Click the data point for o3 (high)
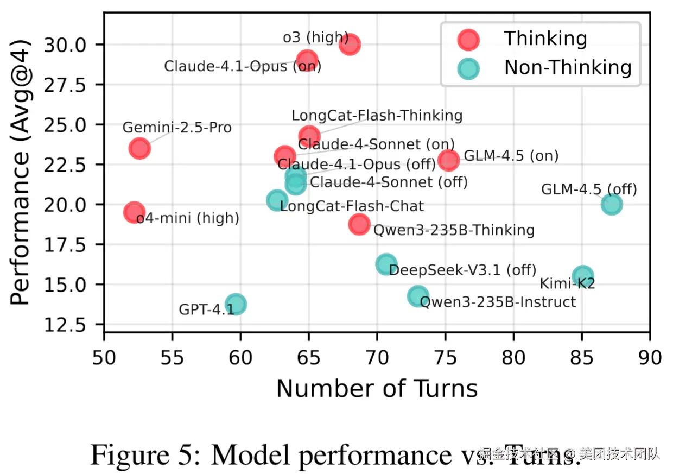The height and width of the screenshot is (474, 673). pyautogui.click(x=350, y=44)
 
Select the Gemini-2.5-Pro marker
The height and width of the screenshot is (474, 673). pyautogui.click(x=139, y=148)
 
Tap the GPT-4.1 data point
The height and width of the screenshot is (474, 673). pyautogui.click(x=236, y=304)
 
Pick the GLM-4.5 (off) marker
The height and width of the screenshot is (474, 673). pyautogui.click(x=612, y=204)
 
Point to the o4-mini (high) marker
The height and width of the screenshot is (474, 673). pyautogui.click(x=134, y=212)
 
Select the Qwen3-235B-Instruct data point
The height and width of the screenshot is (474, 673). pyautogui.click(x=418, y=296)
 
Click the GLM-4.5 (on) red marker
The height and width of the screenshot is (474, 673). pyautogui.click(x=449, y=160)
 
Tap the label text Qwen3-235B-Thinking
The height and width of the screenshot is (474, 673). pyautogui.click(x=454, y=230)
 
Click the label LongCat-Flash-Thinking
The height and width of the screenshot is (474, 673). pyautogui.click(x=377, y=115)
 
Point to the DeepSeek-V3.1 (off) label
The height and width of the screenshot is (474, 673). pyautogui.click(x=462, y=270)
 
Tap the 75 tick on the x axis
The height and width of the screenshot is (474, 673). pyautogui.click(x=445, y=357)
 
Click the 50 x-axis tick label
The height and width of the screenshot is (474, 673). pyautogui.click(x=104, y=357)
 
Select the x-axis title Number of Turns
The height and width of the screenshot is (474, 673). pyautogui.click(x=377, y=389)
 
